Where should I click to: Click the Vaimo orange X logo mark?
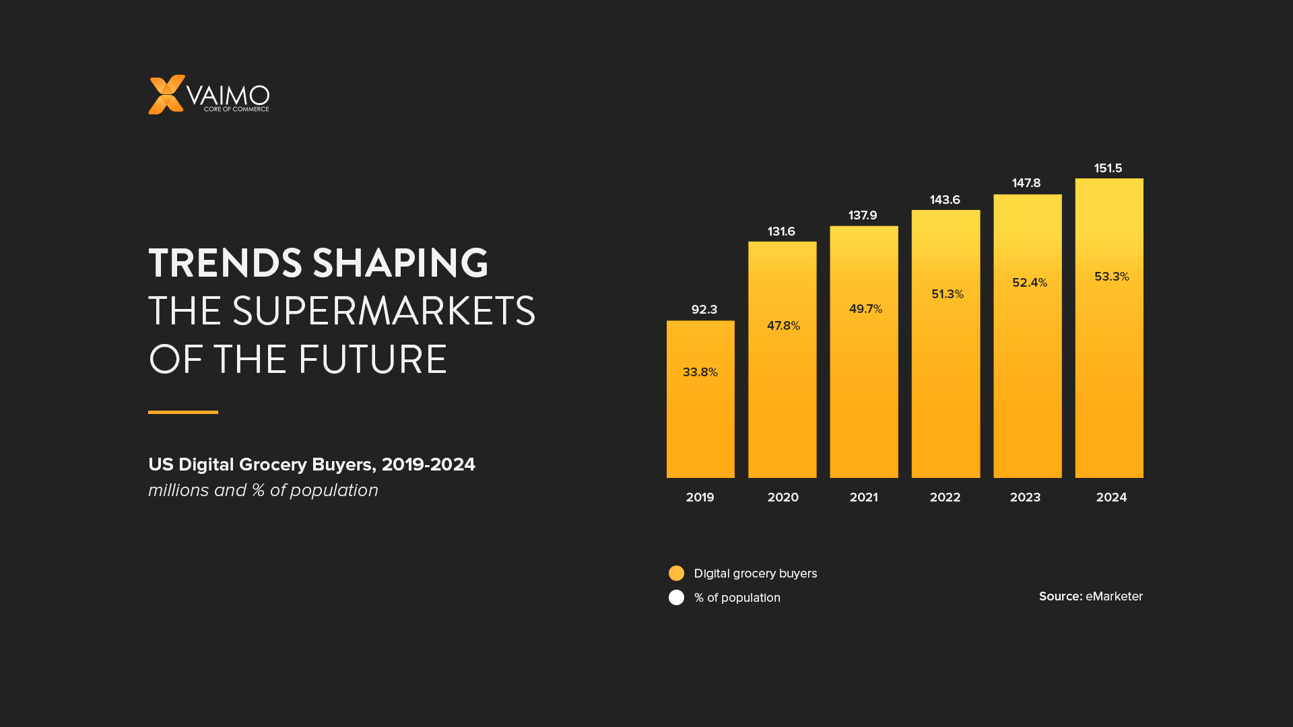[166, 95]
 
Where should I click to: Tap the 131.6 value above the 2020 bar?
[781, 232]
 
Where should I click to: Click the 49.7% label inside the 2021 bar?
[865, 309]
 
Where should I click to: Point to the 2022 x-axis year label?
[945, 497]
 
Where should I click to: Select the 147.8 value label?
[1026, 183]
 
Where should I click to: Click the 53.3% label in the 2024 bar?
[1111, 277]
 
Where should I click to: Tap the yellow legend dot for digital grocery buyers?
[676, 573]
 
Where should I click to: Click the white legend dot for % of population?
[676, 598]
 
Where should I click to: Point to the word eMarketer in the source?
[1114, 596]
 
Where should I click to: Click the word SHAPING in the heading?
[400, 263]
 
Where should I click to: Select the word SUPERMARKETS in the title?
[383, 312]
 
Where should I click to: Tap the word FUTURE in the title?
[372, 360]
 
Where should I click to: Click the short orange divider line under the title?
[183, 412]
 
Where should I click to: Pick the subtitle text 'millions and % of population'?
[263, 490]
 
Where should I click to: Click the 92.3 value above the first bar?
[704, 310]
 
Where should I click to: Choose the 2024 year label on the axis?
[1111, 497]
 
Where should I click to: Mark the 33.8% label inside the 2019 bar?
[700, 372]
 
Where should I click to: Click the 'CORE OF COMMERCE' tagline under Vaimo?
[236, 109]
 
